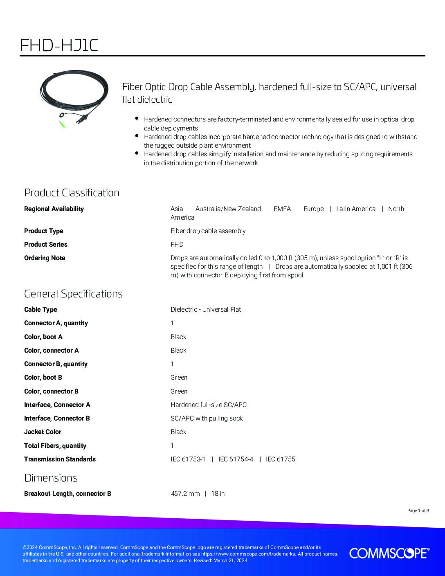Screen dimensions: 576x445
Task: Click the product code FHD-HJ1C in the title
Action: point(59,45)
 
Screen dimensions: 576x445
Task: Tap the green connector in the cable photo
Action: point(63,124)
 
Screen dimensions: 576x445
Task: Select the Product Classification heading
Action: point(72,193)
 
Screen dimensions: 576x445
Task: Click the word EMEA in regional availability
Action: point(282,209)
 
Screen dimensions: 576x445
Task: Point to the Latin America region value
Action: point(355,209)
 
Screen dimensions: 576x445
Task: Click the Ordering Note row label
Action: point(45,258)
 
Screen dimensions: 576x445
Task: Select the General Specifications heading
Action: point(73,294)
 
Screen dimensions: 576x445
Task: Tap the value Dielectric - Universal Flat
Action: point(205,309)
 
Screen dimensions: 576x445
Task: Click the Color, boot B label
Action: point(43,377)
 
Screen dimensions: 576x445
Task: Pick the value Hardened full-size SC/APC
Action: point(208,405)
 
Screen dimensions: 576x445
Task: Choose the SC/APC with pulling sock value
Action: point(207,418)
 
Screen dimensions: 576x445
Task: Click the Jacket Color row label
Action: point(43,432)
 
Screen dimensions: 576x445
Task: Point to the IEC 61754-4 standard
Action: point(236,459)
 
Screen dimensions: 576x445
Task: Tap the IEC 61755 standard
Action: point(280,459)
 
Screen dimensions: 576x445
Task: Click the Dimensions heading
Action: point(51,478)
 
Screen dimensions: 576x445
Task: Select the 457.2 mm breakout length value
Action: point(185,493)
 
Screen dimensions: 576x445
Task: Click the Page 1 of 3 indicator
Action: point(418,511)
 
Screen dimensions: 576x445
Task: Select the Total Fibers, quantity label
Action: point(55,445)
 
